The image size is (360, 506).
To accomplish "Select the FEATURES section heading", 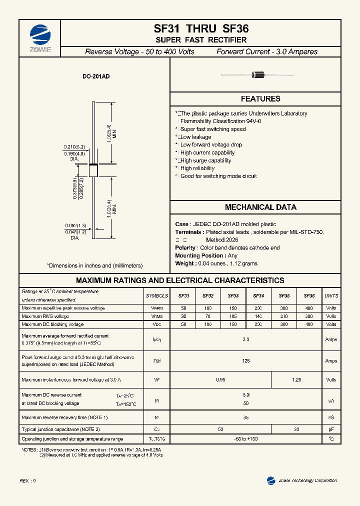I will click(x=260, y=99).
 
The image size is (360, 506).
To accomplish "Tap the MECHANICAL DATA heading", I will click(x=260, y=207).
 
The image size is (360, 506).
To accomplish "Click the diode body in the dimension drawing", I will click(x=93, y=169).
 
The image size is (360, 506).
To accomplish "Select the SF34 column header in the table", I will click(x=258, y=295).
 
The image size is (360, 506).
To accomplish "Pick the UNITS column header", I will click(x=331, y=295).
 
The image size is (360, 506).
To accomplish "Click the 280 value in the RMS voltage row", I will click(x=309, y=316).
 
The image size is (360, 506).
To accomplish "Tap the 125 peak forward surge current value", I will click(x=245, y=360).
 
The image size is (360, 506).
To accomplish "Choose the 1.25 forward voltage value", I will click(x=296, y=380).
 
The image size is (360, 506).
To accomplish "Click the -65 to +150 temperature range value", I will click(x=245, y=438).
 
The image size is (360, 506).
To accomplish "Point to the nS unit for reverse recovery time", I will click(x=331, y=417).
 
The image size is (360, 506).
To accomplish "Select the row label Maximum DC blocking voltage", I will click(x=52, y=324).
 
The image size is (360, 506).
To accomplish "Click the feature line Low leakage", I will click(x=195, y=137).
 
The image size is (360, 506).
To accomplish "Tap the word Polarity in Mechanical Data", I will click(x=185, y=248).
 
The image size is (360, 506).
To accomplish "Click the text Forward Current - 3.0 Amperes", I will click(x=266, y=51).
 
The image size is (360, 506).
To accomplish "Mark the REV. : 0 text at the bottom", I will click(x=27, y=480).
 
